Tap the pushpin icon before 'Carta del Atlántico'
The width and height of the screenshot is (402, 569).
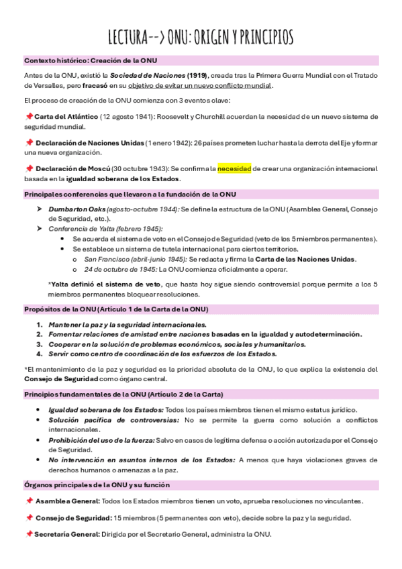point(28,117)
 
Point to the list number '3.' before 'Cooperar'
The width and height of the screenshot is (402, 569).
point(40,344)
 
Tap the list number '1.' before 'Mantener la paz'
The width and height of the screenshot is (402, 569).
point(40,325)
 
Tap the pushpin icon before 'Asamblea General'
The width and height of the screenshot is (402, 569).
point(28,501)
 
